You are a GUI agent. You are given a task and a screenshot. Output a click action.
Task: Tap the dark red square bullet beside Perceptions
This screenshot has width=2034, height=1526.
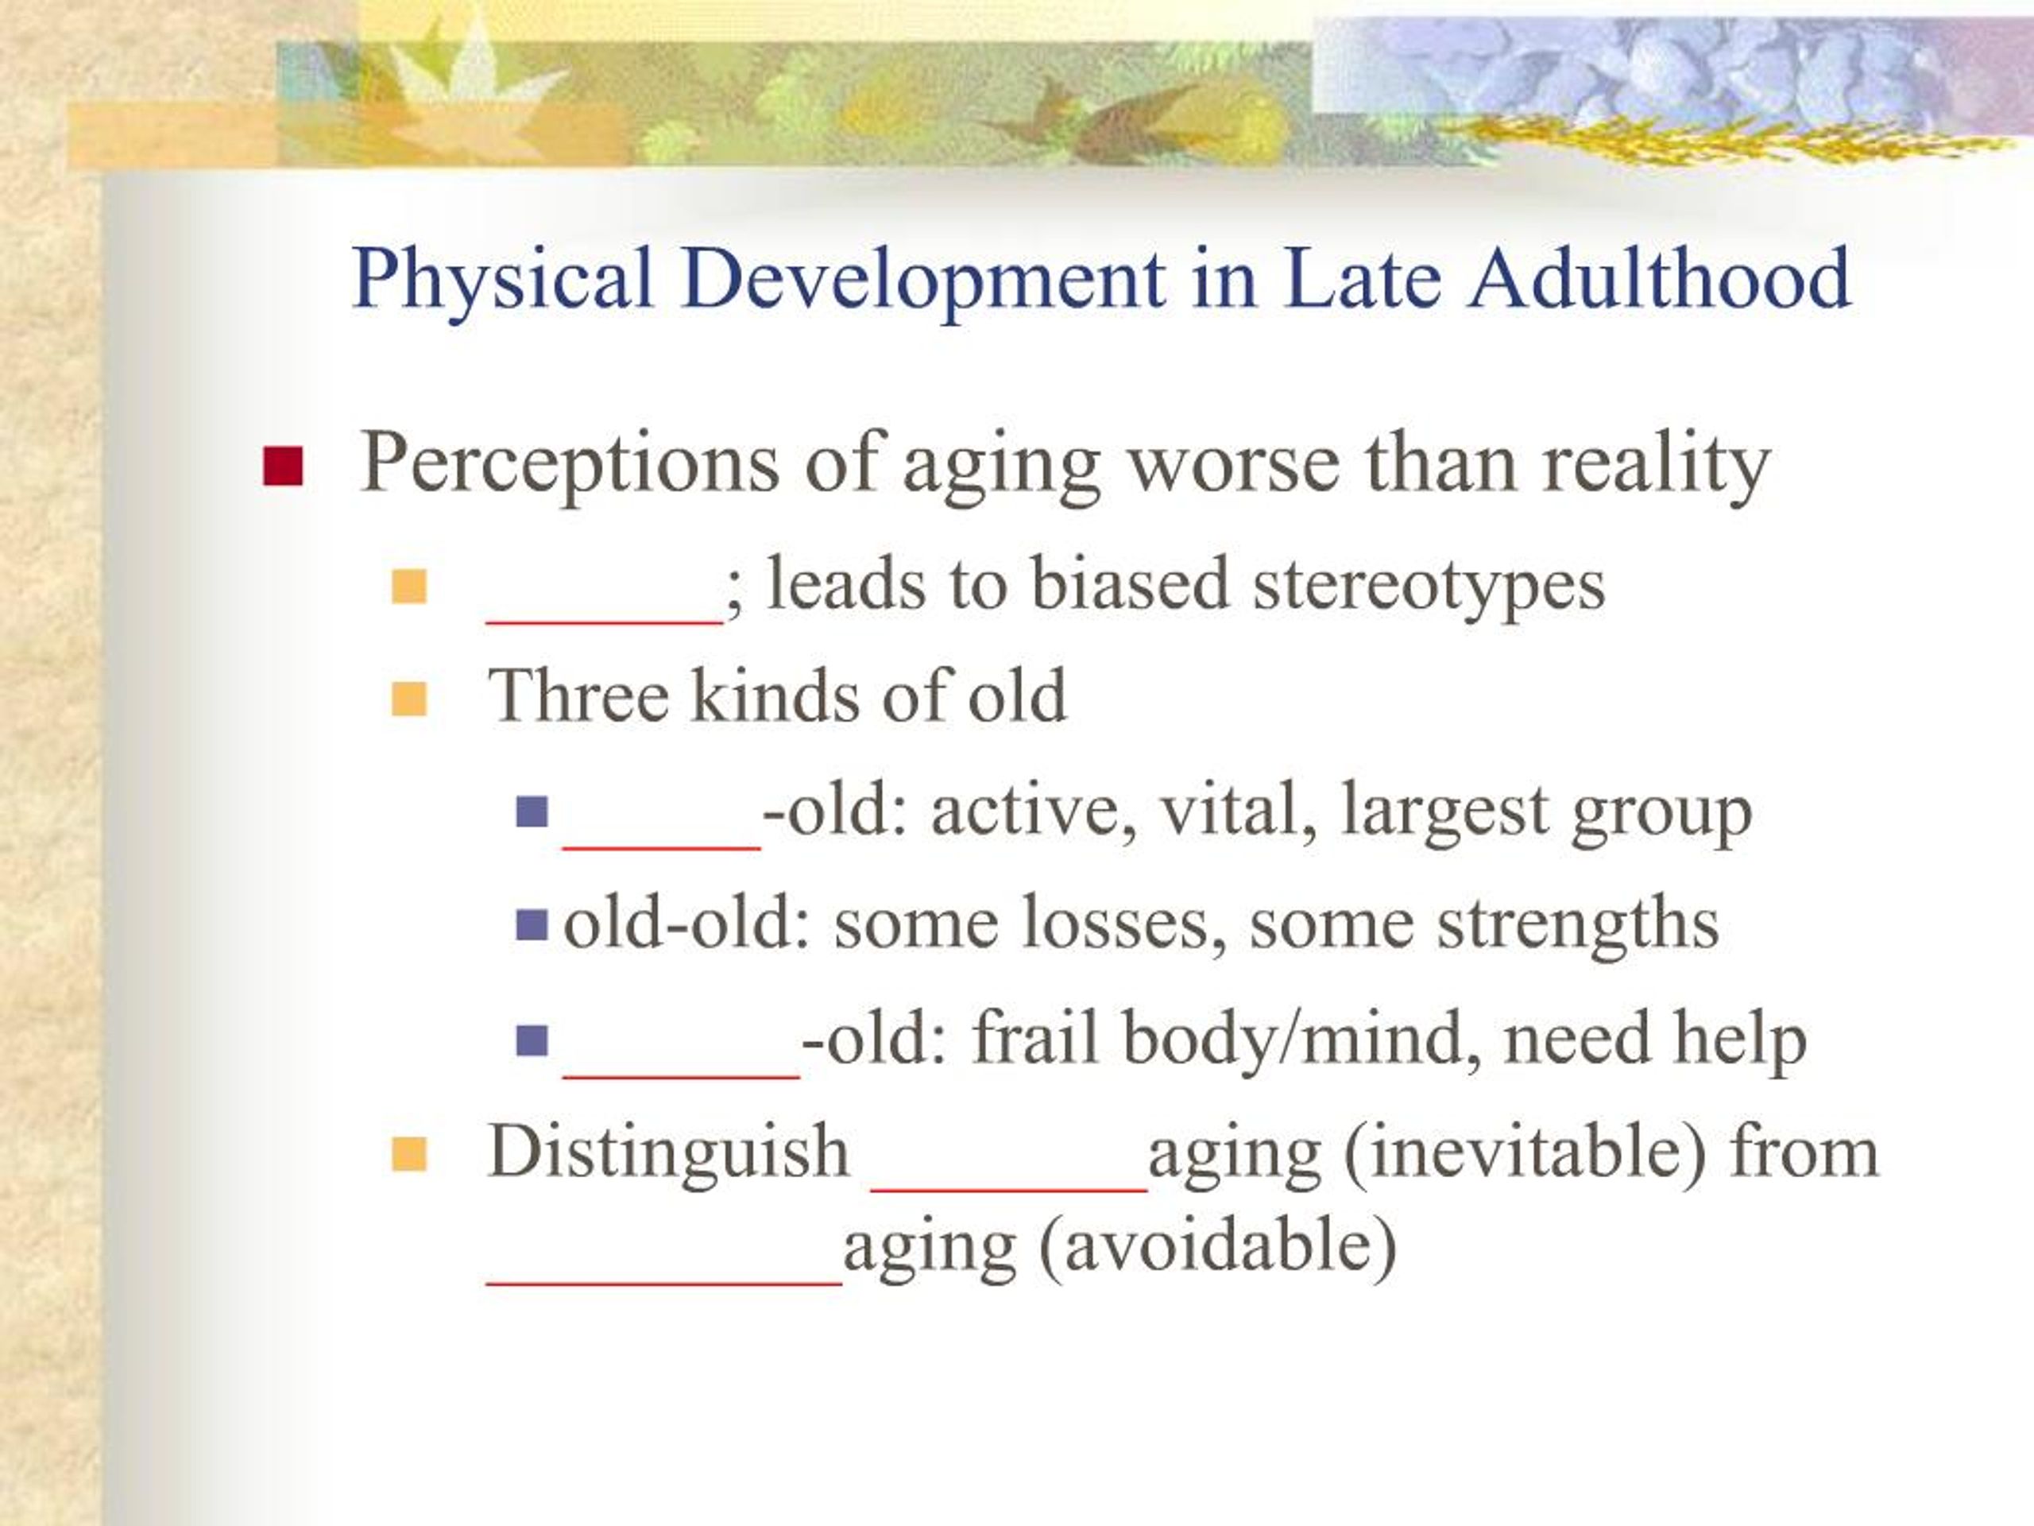pyautogui.click(x=282, y=467)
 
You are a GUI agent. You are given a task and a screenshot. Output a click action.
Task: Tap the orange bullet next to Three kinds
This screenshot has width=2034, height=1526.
pyautogui.click(x=409, y=699)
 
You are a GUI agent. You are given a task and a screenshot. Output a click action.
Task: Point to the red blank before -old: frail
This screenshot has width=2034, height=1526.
pyautogui.click(x=680, y=1075)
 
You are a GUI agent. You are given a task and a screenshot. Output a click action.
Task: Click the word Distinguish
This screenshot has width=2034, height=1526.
pyautogui.click(x=668, y=1152)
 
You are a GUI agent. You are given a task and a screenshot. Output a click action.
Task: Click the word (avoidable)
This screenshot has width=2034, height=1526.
pyautogui.click(x=1217, y=1247)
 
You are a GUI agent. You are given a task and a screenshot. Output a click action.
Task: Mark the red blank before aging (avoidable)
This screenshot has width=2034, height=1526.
pyautogui.click(x=664, y=1281)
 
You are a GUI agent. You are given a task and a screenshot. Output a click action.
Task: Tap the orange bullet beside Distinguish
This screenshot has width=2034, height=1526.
pyautogui.click(x=409, y=1154)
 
